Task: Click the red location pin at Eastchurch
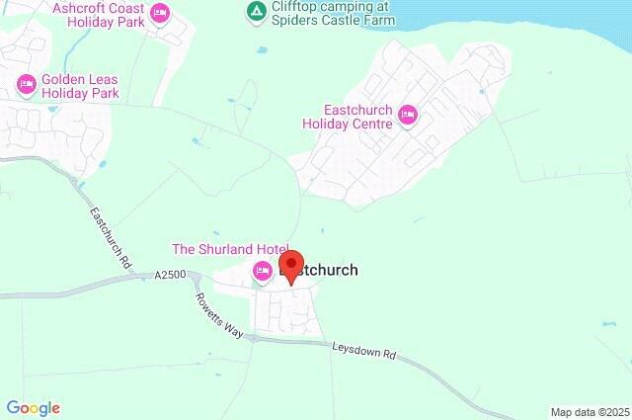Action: coord(291,265)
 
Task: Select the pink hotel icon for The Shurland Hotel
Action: coord(263,272)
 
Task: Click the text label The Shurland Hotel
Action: coord(230,249)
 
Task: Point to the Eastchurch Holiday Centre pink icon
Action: coord(408,117)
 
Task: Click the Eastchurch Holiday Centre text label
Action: coord(357,117)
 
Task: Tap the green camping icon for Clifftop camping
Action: coord(256,12)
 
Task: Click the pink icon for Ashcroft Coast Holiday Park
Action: coord(159,13)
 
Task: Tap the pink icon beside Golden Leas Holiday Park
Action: coord(26,85)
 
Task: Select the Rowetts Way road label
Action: coord(217,315)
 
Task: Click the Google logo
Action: coord(33,407)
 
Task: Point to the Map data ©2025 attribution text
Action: coord(589,411)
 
